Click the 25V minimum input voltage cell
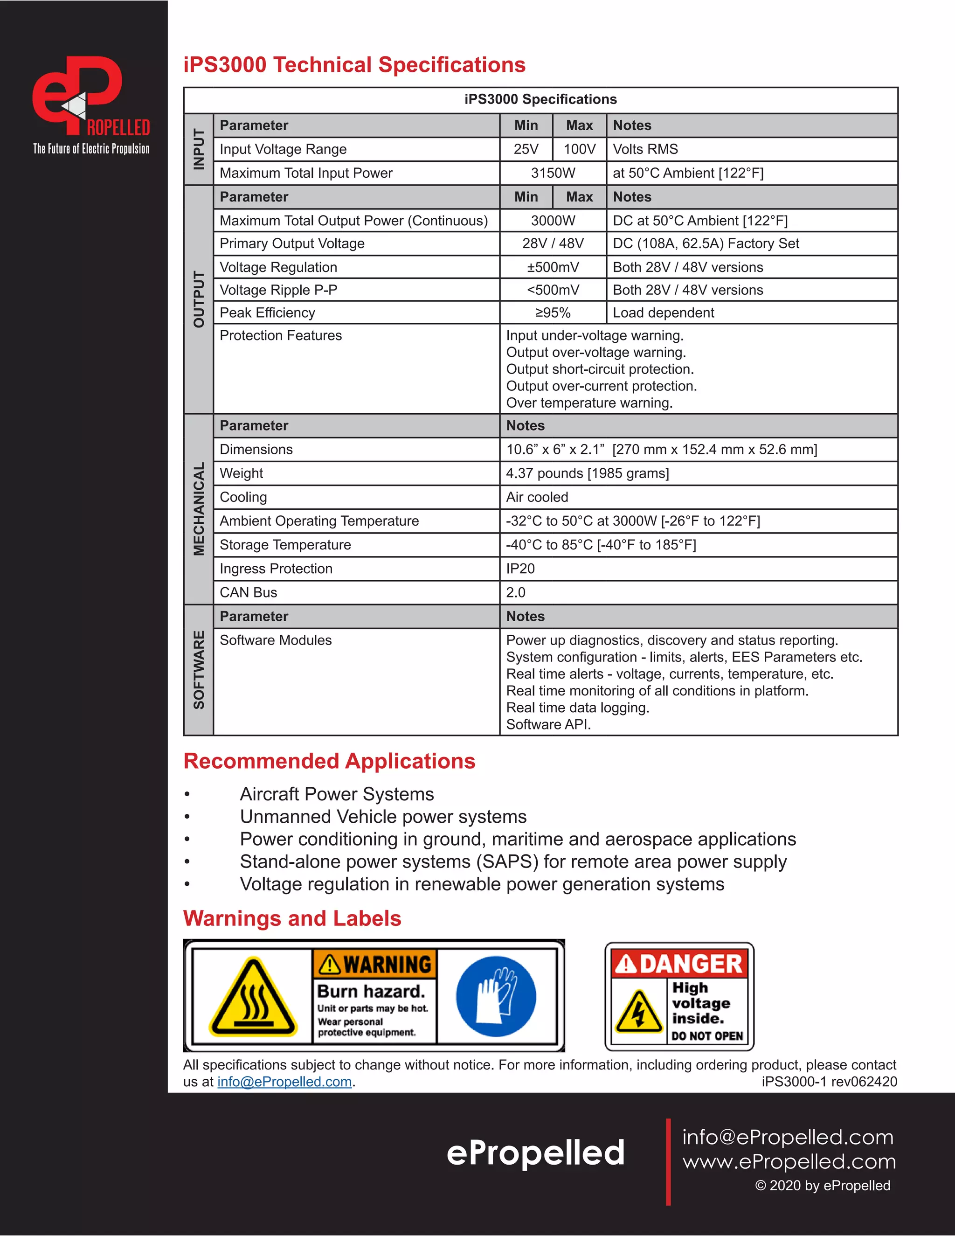point(526,149)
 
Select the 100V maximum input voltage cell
point(579,149)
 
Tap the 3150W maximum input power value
point(553,173)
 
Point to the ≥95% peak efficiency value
point(553,312)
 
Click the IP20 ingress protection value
point(520,568)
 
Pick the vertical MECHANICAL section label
point(199,509)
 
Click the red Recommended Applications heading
point(329,761)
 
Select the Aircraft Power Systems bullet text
point(337,794)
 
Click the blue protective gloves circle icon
point(496,996)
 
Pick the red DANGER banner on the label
point(679,964)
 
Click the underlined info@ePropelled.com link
point(284,1082)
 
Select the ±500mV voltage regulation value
point(553,267)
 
